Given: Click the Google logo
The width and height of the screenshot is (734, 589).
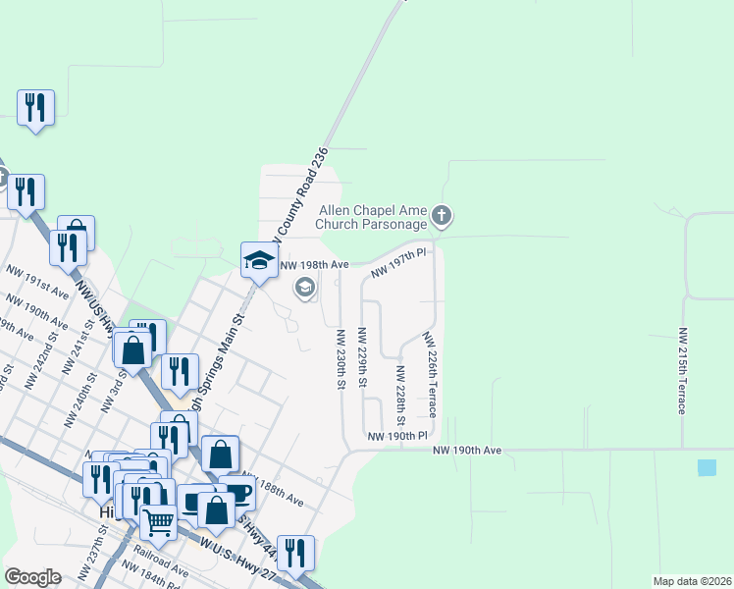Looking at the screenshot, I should pos(32,577).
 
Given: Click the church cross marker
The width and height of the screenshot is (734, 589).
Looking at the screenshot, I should pos(442,215).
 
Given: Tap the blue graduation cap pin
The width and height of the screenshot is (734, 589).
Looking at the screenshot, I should pos(259,261).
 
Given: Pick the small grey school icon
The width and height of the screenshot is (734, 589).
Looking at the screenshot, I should pos(304,287).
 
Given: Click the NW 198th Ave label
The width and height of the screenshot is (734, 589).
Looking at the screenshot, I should pos(315,265).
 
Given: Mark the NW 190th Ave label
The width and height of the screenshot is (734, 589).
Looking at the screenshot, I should pos(467,450).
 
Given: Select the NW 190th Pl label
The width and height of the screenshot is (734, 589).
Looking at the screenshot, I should pos(397,435).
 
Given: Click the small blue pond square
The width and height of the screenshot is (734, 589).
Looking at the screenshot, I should pos(707,467).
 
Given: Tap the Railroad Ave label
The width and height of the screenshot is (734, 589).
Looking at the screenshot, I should pos(161,562).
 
